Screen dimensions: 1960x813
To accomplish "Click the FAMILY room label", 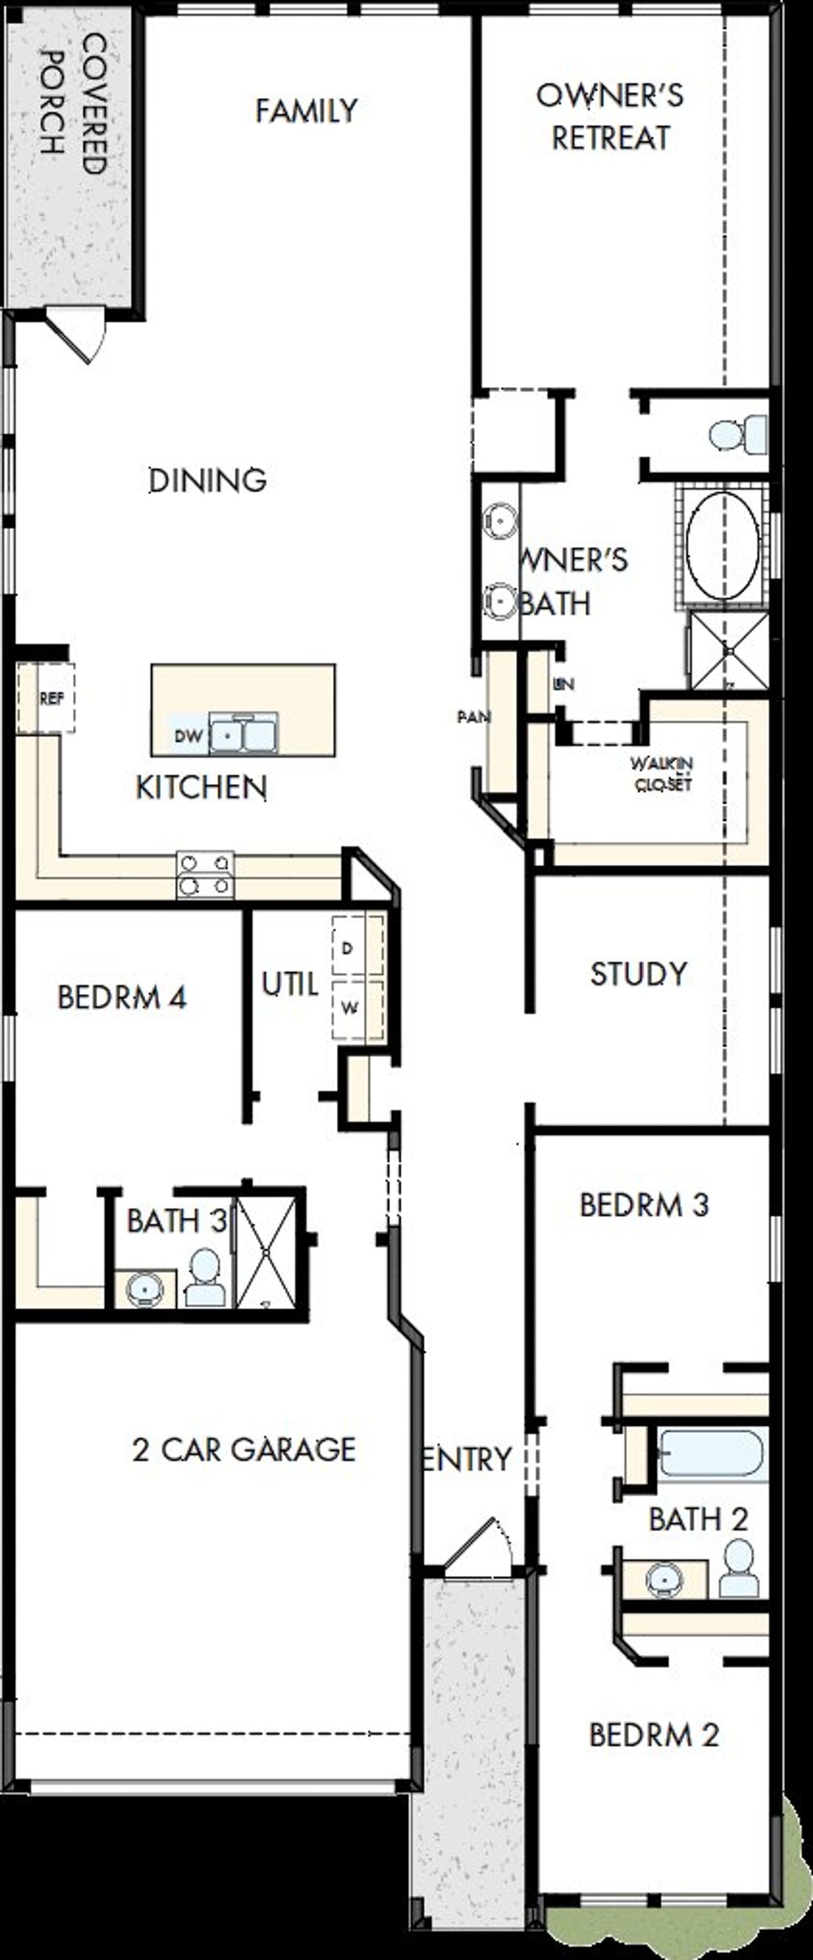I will (306, 111).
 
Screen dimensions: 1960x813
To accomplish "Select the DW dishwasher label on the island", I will (188, 736).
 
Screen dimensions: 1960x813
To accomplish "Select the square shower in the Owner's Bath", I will (729, 651).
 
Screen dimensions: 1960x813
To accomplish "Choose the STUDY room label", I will (638, 974).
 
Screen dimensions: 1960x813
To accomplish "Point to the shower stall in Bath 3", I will (265, 1252).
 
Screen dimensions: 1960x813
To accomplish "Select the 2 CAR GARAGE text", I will (243, 1449).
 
